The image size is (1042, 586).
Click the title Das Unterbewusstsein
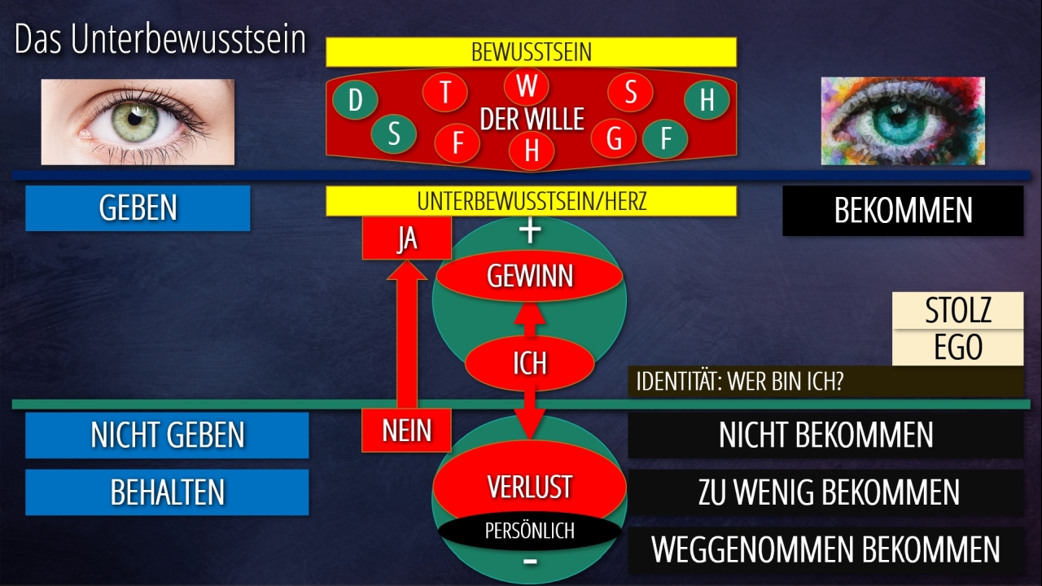point(160,41)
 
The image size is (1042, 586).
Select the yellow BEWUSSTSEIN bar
point(531,52)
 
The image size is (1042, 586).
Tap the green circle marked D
point(355,101)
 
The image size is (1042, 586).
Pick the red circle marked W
point(527,85)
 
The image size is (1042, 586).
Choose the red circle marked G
point(614,138)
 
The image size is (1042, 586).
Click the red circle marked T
point(445,92)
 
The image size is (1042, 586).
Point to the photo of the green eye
point(138,121)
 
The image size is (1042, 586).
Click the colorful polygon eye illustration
point(902,121)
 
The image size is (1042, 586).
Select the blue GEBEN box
point(138,208)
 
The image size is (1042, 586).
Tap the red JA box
point(406,239)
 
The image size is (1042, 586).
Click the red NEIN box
point(406,430)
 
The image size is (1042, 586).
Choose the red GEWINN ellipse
point(530,277)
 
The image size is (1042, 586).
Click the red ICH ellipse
point(529,363)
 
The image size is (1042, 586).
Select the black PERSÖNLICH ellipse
point(529,531)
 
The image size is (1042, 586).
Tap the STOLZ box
point(957,310)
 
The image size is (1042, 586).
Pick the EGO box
point(957,348)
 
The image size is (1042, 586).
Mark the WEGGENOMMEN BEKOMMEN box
point(825,549)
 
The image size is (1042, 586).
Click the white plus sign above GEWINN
point(530,232)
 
